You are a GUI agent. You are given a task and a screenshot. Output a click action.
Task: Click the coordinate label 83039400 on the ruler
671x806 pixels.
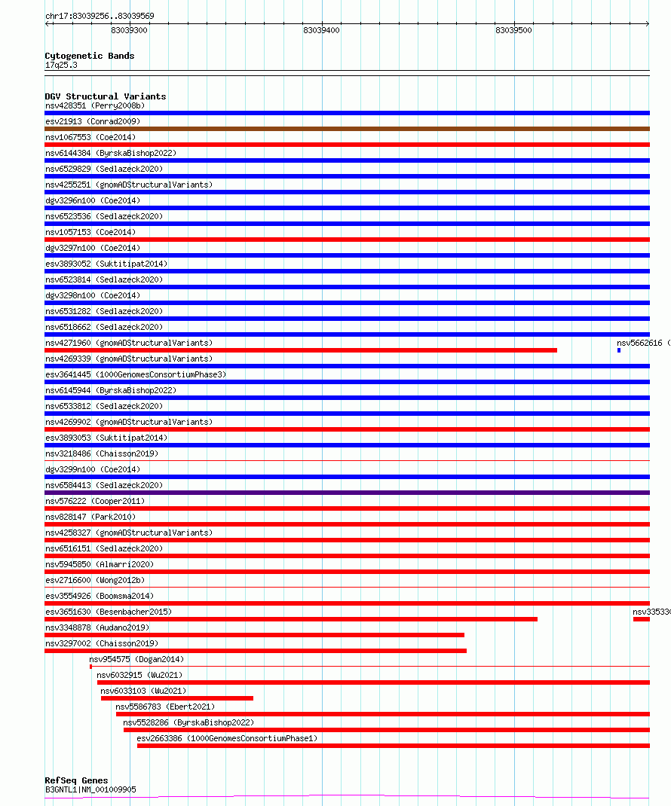321,30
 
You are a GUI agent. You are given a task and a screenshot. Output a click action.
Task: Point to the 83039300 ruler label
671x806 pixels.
129,30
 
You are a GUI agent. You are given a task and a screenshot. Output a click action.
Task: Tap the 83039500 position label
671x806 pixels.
513,30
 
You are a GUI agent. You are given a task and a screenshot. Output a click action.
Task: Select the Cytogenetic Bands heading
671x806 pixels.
90,56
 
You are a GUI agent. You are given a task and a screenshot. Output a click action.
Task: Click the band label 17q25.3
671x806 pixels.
61,65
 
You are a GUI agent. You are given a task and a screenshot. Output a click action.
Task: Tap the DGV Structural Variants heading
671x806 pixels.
106,96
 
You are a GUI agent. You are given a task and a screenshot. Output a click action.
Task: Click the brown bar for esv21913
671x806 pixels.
347,129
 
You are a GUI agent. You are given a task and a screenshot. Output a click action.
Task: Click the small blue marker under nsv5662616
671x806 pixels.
619,350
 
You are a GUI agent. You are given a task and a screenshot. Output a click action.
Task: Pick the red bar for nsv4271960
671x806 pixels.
301,350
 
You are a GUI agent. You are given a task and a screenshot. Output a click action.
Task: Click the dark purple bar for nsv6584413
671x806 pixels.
347,493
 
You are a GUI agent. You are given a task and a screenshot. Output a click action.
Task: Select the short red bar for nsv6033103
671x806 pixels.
177,698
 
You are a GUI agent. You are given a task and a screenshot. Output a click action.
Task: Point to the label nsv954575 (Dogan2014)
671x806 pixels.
136,659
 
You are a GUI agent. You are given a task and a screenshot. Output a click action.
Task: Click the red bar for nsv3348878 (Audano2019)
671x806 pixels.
254,635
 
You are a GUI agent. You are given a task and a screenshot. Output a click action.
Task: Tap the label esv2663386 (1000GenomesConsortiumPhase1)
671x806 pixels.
227,738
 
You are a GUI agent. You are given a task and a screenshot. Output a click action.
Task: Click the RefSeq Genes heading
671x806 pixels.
76,780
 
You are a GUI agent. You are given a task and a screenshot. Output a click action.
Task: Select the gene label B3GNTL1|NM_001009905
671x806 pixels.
90,789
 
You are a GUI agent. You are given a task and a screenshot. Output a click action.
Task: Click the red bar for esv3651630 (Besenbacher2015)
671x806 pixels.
291,619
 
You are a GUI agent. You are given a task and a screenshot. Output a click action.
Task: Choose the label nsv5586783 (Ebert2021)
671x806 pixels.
164,707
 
